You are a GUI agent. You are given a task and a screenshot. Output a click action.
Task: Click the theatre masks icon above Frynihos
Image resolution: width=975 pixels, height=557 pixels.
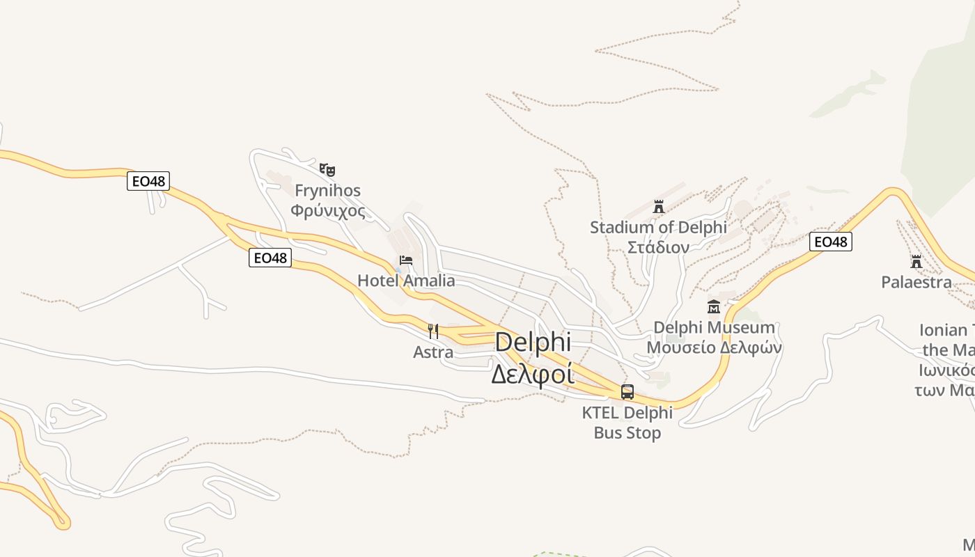click(x=327, y=169)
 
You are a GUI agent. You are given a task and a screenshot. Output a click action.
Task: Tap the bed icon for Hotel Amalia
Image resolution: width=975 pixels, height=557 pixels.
click(x=406, y=261)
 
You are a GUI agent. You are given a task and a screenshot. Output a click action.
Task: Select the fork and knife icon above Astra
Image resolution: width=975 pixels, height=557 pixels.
click(x=433, y=331)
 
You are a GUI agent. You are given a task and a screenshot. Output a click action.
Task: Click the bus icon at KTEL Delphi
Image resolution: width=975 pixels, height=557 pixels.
click(x=627, y=391)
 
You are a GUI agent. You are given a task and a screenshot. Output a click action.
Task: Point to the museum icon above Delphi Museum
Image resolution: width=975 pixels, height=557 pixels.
click(x=714, y=306)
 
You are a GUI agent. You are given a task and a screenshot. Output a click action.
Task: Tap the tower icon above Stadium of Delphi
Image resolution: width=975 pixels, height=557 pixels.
click(x=658, y=206)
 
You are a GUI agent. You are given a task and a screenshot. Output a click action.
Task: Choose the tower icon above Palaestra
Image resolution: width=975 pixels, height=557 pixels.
click(x=916, y=262)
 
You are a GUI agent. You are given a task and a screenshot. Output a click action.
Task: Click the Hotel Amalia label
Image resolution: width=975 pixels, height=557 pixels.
click(x=406, y=281)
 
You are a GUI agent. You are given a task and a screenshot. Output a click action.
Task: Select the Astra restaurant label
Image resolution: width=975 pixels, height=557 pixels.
click(x=433, y=352)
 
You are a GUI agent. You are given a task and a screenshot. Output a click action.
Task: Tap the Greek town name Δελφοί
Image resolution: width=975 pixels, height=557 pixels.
click(x=533, y=374)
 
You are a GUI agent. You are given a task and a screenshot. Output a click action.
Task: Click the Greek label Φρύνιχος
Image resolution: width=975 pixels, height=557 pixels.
click(x=327, y=211)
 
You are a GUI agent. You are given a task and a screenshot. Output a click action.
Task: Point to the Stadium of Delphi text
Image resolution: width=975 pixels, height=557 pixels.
click(x=658, y=227)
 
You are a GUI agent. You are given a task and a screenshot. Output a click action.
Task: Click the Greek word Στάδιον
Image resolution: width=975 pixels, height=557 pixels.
click(x=658, y=247)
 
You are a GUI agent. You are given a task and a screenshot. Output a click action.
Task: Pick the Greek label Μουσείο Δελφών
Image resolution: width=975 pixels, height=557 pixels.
click(x=714, y=347)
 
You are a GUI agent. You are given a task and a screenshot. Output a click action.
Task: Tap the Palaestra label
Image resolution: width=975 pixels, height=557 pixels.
click(x=916, y=282)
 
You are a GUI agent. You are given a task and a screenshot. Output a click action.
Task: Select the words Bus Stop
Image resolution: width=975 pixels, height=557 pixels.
click(x=627, y=433)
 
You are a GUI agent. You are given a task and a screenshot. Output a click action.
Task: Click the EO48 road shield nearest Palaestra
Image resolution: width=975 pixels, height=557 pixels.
click(x=831, y=242)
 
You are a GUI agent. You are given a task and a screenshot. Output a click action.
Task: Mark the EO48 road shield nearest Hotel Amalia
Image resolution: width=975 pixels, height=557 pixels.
click(x=270, y=258)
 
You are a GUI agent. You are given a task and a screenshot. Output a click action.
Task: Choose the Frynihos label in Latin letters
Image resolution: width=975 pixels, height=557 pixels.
click(x=327, y=190)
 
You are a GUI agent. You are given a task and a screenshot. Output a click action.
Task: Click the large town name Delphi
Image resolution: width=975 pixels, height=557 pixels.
click(x=533, y=342)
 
